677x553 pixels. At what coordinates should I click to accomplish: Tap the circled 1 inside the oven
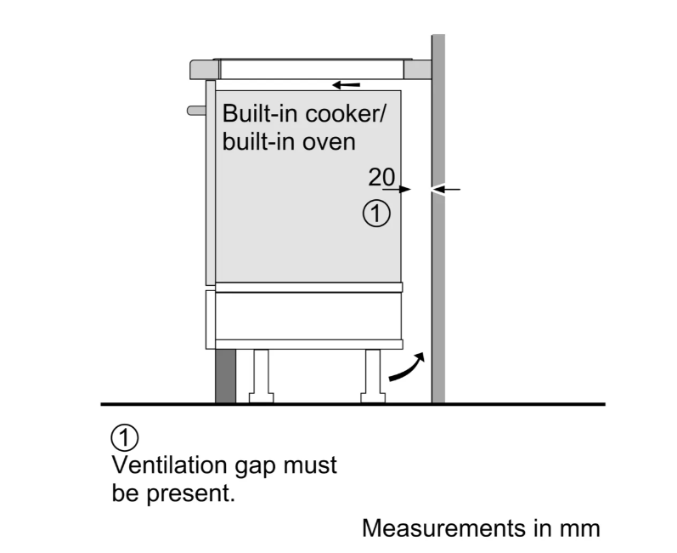click(x=377, y=213)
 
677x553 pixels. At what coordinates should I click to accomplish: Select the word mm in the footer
click(x=582, y=528)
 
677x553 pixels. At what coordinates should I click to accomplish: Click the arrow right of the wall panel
click(x=450, y=189)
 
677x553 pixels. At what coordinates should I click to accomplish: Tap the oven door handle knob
click(x=195, y=110)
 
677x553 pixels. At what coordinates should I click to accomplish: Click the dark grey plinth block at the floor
click(x=224, y=374)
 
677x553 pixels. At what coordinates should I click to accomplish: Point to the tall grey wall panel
click(x=438, y=255)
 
